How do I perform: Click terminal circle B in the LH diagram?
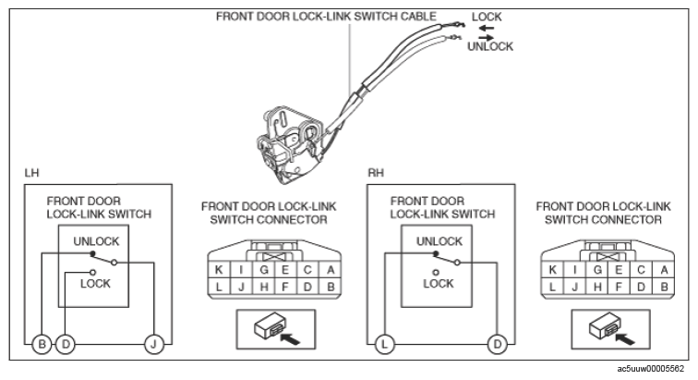[42, 344]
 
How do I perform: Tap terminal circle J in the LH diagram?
[153, 344]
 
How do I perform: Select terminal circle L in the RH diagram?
[385, 344]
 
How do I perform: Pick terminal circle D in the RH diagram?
[497, 344]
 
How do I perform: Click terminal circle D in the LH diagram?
[66, 344]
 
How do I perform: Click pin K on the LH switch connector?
[219, 270]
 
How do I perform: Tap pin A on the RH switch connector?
[664, 270]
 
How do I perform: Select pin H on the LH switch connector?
[263, 287]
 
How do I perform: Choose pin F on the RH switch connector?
[619, 287]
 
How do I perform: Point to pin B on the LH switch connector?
[331, 287]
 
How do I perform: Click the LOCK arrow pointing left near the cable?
[487, 28]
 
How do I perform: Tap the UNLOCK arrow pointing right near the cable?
[486, 38]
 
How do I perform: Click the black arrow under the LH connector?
[290, 338]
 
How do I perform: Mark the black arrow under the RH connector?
[625, 338]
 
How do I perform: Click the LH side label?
[31, 173]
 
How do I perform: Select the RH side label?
[376, 173]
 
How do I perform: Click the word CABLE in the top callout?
[418, 17]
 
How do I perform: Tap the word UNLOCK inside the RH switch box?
[439, 241]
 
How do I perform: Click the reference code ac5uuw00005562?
[650, 369]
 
